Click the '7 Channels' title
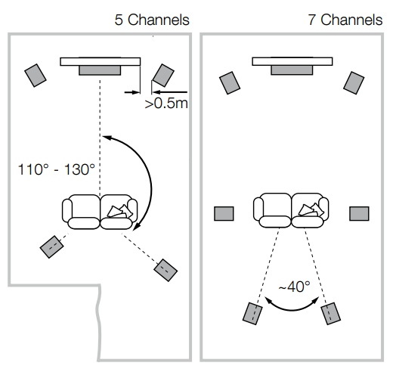(x=345, y=20)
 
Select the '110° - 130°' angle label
(x=57, y=169)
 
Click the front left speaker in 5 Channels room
(x=36, y=74)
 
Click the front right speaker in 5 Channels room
(x=162, y=75)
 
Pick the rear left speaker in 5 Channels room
(x=52, y=246)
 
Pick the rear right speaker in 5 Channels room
(x=166, y=268)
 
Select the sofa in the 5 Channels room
(x=101, y=212)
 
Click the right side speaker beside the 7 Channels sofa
(x=358, y=213)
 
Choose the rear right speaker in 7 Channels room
(x=331, y=313)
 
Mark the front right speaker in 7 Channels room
(x=354, y=81)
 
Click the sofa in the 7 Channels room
(x=292, y=210)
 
